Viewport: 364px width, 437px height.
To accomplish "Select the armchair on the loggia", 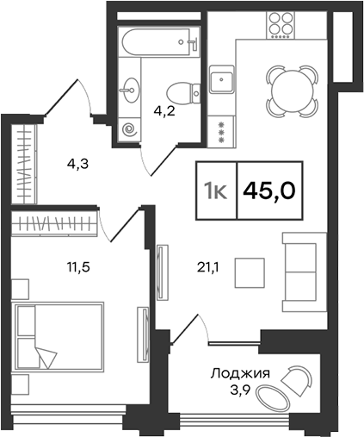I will [x=300, y=380].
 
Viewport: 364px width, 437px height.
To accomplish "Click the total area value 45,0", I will [x=269, y=190].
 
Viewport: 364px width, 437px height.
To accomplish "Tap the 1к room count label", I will [x=214, y=190].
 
